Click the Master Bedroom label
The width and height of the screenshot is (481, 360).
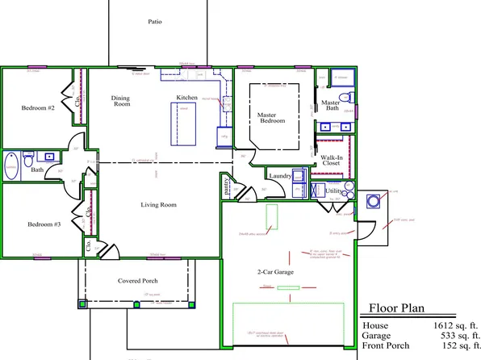click(x=271, y=118)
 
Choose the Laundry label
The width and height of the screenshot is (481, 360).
click(x=280, y=175)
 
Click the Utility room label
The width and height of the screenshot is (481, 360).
click(x=333, y=190)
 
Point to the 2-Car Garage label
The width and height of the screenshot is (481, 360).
click(x=275, y=273)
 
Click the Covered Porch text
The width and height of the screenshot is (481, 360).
click(x=137, y=281)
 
